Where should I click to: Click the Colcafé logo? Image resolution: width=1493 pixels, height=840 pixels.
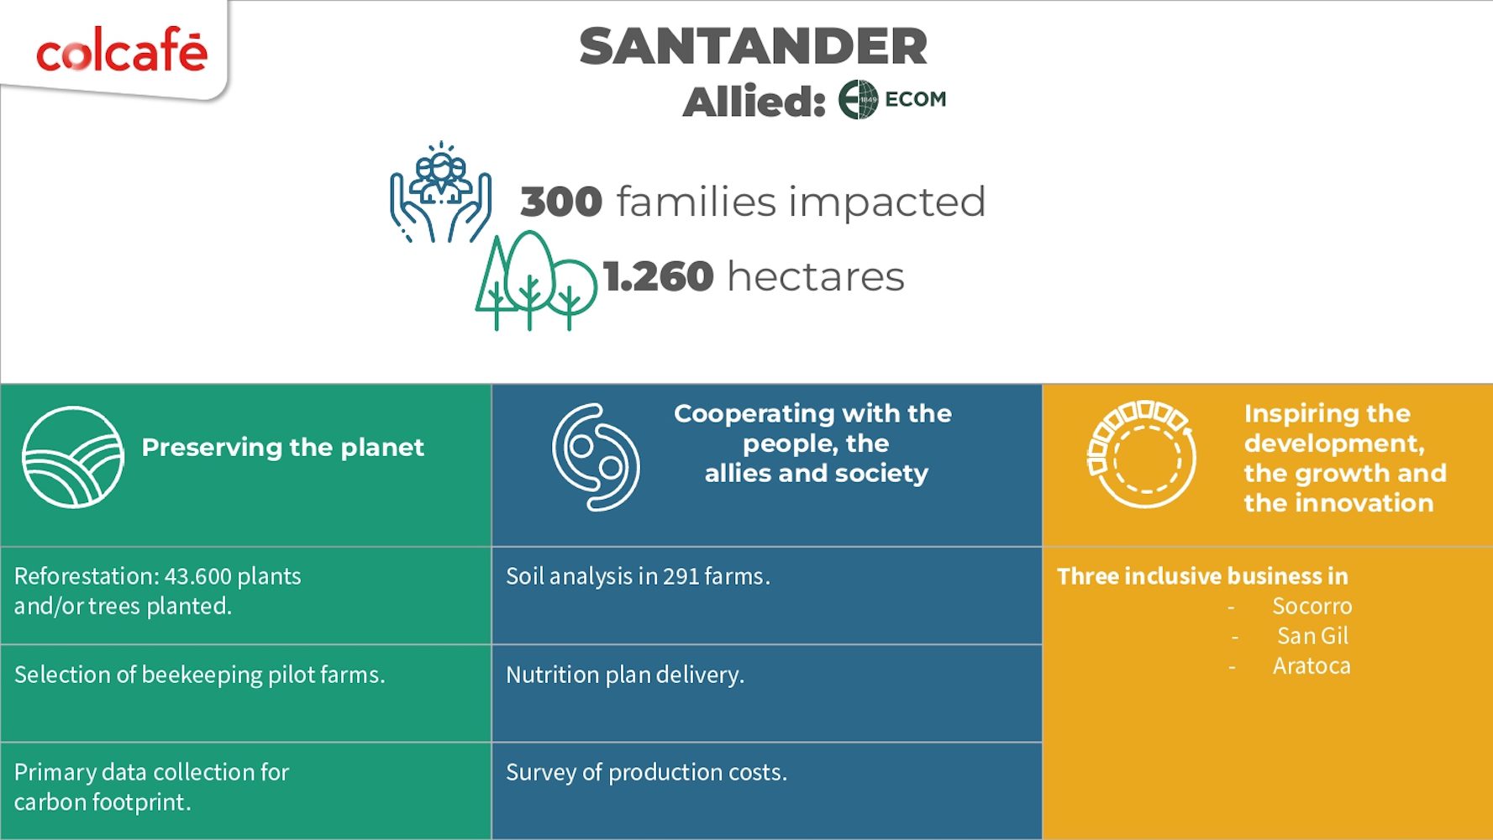(122, 51)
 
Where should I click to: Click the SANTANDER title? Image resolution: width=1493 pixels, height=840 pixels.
(754, 46)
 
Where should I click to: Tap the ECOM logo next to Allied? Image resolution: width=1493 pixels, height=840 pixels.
(892, 99)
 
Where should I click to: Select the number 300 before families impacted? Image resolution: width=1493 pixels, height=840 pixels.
(561, 202)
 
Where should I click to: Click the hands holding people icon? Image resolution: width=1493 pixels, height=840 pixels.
(440, 192)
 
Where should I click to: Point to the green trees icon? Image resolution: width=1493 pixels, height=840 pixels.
(536, 281)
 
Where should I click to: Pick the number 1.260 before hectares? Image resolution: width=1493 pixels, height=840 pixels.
(659, 276)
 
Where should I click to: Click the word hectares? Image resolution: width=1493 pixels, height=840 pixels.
(816, 276)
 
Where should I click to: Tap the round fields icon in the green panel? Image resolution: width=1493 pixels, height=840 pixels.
(73, 457)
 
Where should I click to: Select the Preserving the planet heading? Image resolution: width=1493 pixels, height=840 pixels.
(282, 447)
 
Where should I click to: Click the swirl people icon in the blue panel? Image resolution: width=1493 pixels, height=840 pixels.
(596, 457)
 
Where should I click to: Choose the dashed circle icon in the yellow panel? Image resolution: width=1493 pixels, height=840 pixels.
(1142, 454)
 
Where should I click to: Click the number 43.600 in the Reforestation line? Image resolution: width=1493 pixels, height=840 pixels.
(197, 576)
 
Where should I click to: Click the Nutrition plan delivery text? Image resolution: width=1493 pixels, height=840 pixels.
(625, 675)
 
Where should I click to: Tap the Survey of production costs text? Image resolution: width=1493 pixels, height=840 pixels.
(646, 773)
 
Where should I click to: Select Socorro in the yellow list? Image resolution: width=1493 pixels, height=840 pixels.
(1312, 606)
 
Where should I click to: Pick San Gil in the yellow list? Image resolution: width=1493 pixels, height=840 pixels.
(1312, 636)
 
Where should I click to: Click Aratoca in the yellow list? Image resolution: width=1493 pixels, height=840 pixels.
(1312, 666)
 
